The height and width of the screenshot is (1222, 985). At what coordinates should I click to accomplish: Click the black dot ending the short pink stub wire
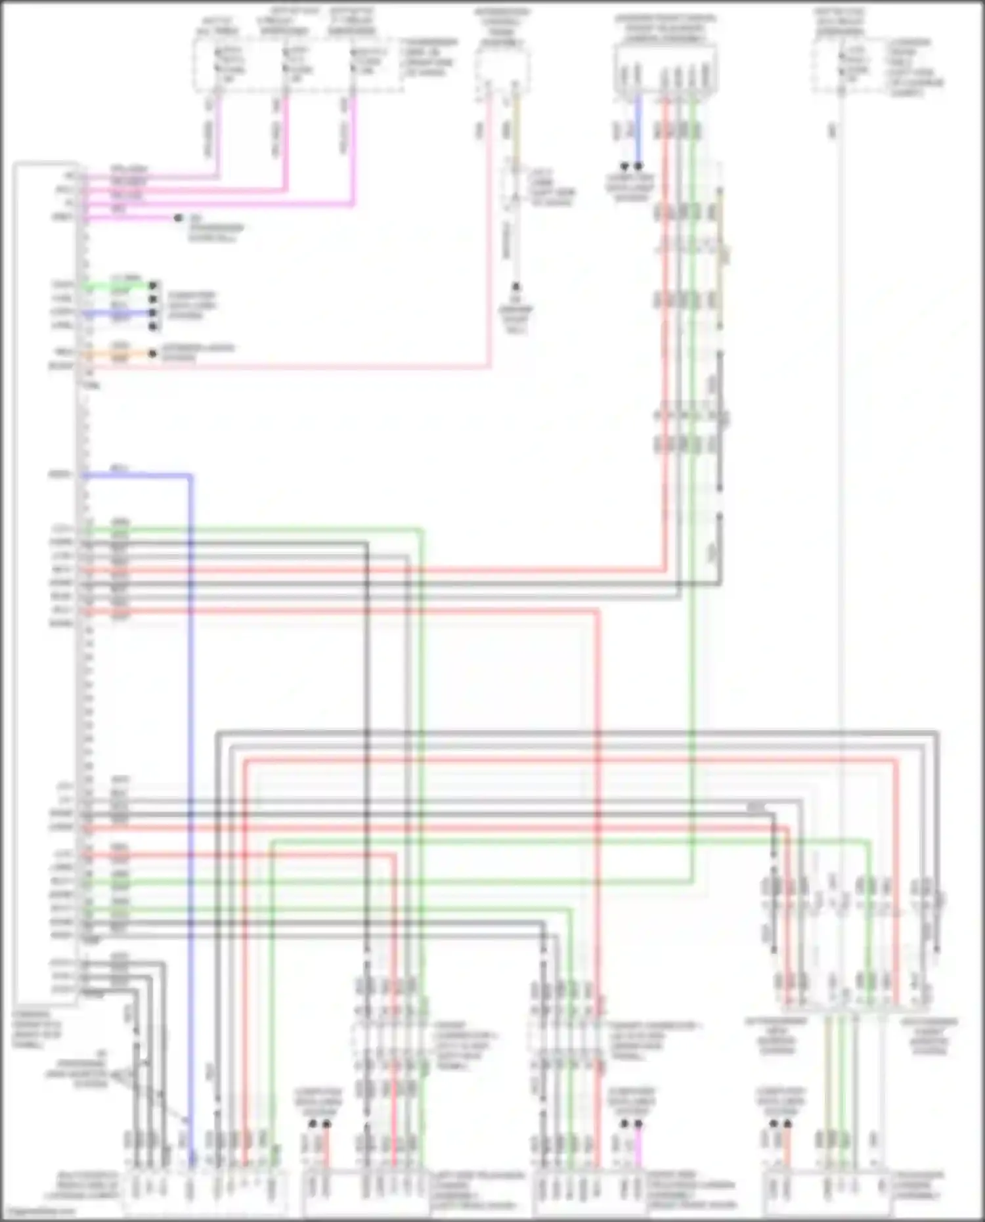coord(178,217)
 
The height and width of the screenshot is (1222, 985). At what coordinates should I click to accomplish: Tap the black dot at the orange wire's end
coord(152,353)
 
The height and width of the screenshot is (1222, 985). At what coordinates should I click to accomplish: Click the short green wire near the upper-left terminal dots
coord(118,286)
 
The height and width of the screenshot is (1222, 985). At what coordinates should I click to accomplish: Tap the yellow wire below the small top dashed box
coord(515,131)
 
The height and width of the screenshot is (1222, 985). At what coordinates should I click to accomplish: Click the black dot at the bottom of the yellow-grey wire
coord(516,287)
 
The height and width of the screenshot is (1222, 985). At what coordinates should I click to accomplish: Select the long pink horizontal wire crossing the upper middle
coord(295,368)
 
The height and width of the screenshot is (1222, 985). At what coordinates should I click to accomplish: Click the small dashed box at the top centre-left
coord(502,66)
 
